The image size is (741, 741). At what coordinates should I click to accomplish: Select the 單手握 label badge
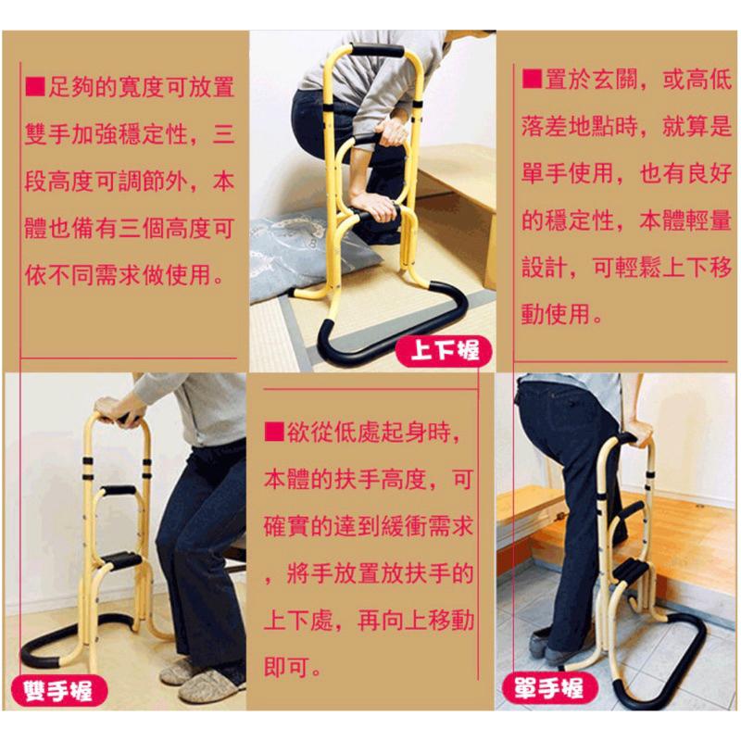click(x=548, y=687)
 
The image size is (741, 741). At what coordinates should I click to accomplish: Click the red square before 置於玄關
click(x=530, y=78)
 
